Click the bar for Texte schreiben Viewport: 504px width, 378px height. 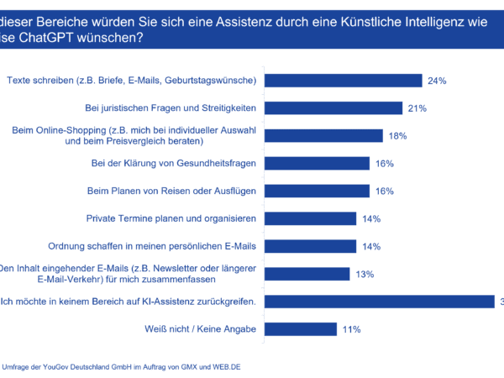tap(344, 81)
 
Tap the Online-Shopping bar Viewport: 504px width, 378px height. tap(324, 135)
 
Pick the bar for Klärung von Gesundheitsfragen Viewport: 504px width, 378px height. tap(318, 163)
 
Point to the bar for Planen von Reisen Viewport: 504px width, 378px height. tap(318, 191)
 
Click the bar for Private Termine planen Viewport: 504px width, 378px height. tap(311, 218)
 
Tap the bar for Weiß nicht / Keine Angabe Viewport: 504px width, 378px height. tap(302, 328)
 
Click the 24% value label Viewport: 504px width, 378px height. tap(437, 81)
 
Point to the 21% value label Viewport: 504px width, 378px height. tap(417, 108)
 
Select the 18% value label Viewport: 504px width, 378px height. tap(398, 136)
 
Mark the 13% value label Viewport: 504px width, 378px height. tap(365, 274)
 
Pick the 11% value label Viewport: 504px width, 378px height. tap(352, 328)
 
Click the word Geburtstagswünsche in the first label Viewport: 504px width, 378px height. tap(210, 81)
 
